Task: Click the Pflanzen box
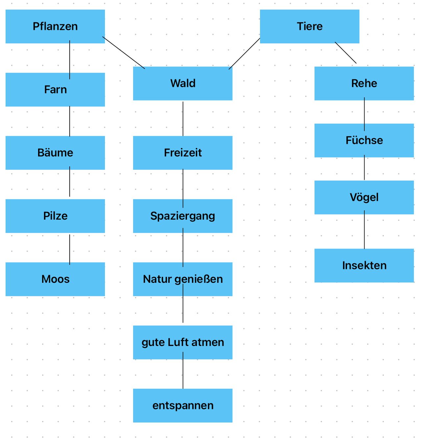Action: [x=55, y=26]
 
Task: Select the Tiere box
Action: [x=309, y=26]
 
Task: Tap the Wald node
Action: [x=182, y=84]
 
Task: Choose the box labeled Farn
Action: [x=55, y=89]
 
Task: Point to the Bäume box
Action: [x=55, y=153]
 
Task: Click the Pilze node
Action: [x=55, y=216]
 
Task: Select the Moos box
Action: [x=55, y=279]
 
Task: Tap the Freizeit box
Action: [x=182, y=153]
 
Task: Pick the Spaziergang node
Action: [x=182, y=216]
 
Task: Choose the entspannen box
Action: [x=182, y=405]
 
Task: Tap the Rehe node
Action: [x=364, y=84]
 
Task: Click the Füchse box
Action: [x=364, y=140]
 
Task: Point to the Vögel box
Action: [x=364, y=197]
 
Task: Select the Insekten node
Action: [x=364, y=265]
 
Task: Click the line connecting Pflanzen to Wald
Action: [x=124, y=53]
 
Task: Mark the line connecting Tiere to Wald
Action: [x=245, y=54]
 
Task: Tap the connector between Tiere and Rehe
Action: [x=345, y=53]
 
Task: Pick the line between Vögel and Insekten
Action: [x=364, y=231]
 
